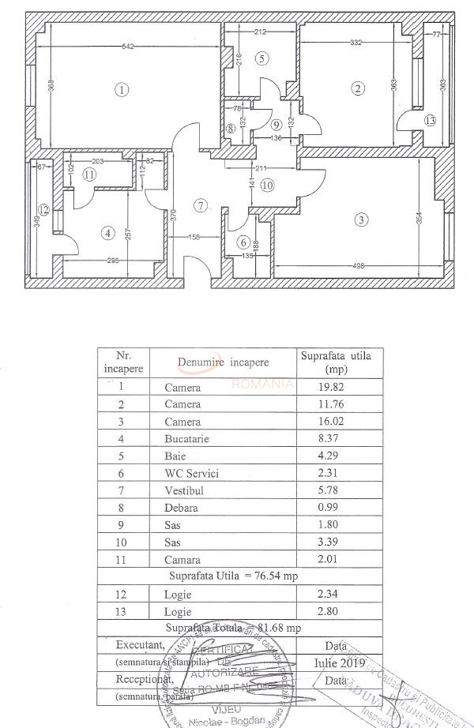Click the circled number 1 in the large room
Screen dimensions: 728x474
[x=121, y=89]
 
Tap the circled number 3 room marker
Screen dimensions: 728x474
[x=361, y=220]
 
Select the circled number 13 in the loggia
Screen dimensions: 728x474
[x=429, y=121]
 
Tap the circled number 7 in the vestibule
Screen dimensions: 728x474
[x=201, y=205]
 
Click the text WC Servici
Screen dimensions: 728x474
[x=192, y=473]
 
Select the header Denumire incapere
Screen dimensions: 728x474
[x=223, y=362]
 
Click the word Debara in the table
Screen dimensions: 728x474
[x=182, y=508]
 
